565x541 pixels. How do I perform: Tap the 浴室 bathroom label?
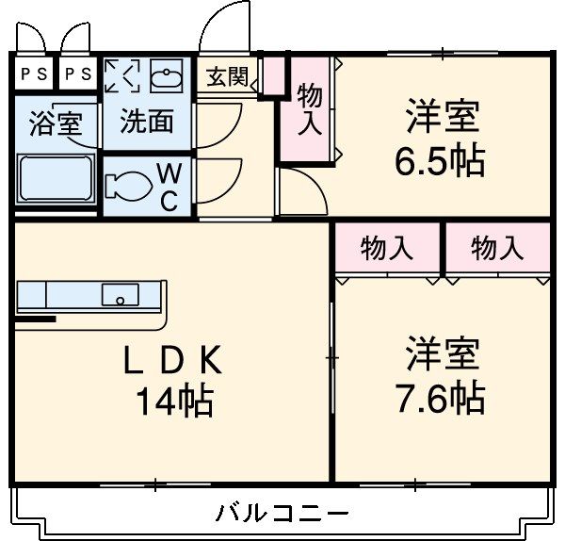56,124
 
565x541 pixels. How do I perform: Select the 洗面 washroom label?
146,121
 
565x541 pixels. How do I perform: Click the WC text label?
169,186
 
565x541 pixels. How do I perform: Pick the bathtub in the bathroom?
56,179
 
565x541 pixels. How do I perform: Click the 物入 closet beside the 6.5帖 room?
309,109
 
